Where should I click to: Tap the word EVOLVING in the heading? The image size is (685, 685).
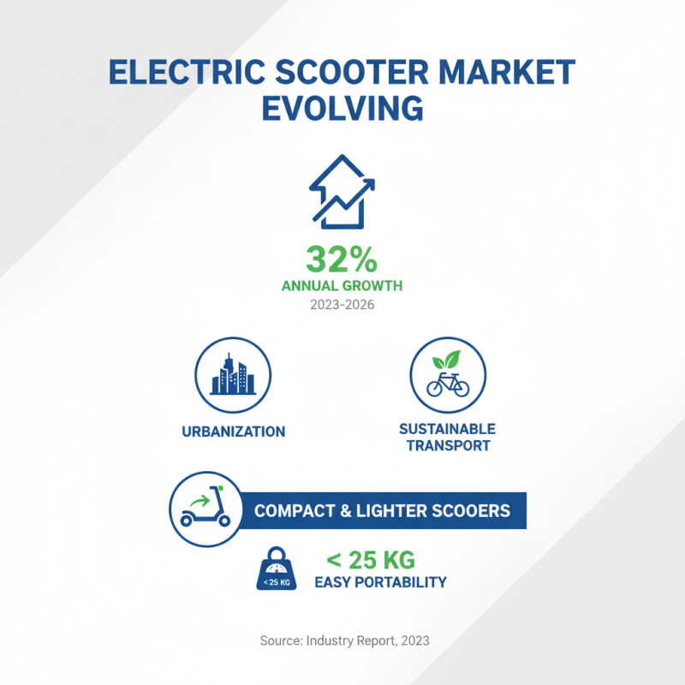point(342,110)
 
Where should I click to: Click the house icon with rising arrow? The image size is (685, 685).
point(342,193)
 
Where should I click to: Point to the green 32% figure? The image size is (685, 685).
point(342,259)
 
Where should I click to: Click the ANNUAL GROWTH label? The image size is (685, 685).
point(342,286)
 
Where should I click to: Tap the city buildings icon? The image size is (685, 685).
point(233,376)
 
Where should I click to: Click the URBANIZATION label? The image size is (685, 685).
point(233,432)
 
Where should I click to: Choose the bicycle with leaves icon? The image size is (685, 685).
point(449,376)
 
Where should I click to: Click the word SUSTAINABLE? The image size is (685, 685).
point(448,428)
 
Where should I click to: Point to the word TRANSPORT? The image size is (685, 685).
point(448,445)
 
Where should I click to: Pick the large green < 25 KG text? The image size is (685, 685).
point(370,561)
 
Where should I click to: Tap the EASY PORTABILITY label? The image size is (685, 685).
point(380,582)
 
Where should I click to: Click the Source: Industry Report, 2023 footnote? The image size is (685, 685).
point(343,640)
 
